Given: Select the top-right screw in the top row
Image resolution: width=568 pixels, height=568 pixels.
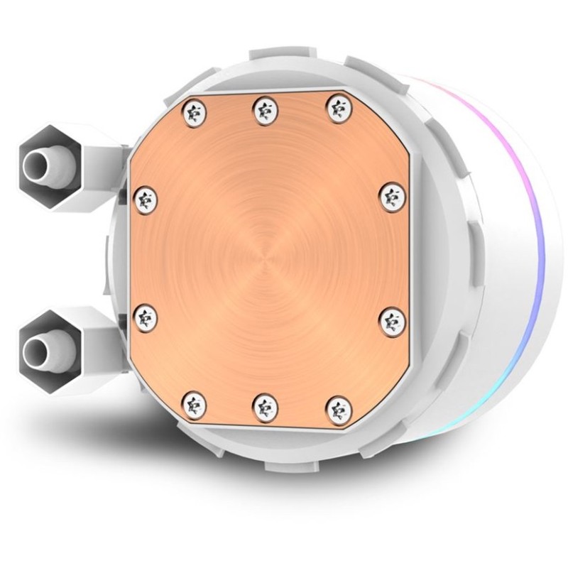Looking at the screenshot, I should pyautogui.click(x=334, y=108).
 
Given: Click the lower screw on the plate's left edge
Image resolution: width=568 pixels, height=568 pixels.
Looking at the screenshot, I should pyautogui.click(x=145, y=316).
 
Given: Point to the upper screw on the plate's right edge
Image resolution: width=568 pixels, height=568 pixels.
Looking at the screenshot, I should pyautogui.click(x=390, y=196).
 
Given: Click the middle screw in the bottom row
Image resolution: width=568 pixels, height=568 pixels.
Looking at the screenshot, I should pyautogui.click(x=263, y=407).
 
